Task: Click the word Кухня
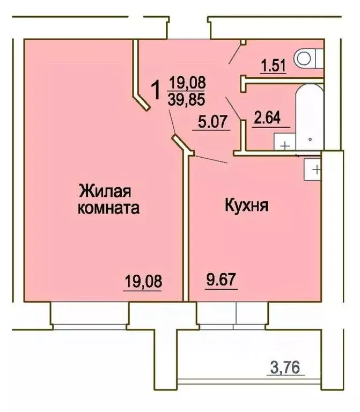pos(246,206)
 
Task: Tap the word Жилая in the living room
pos(106,190)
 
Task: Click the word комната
pos(109,208)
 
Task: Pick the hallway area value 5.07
pos(211,123)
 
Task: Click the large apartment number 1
pos(156,90)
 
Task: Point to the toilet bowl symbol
pos(308,57)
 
